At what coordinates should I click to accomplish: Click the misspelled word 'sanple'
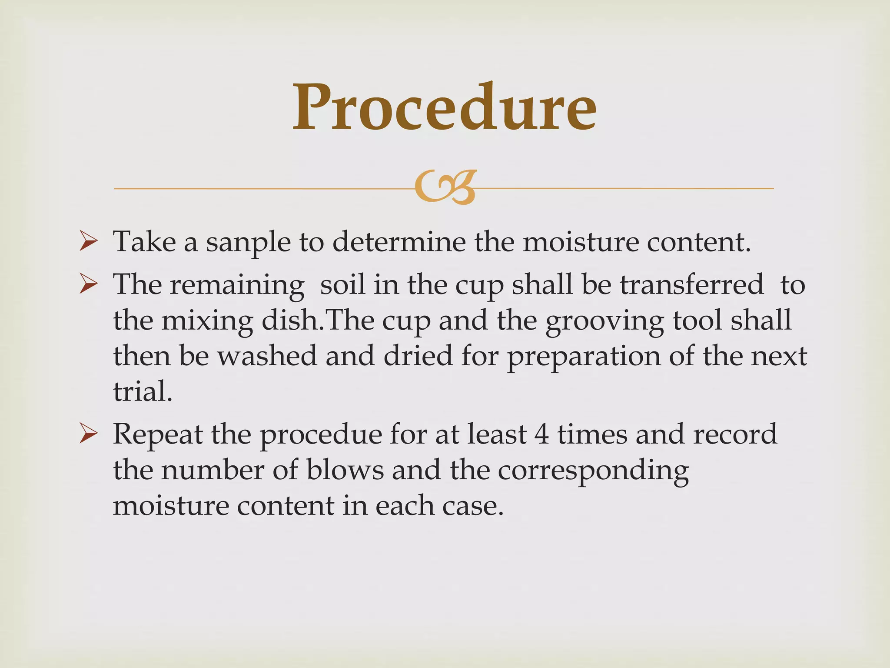248,243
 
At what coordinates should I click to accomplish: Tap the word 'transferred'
691,285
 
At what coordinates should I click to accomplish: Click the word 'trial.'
143,391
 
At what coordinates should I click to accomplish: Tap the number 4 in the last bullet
542,434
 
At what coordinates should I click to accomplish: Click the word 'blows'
345,470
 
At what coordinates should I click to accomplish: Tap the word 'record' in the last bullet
735,434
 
